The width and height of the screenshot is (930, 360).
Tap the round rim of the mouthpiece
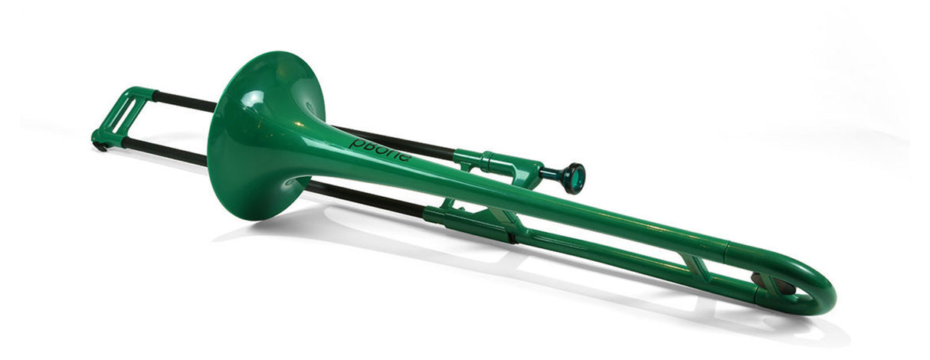pos(574,178)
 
